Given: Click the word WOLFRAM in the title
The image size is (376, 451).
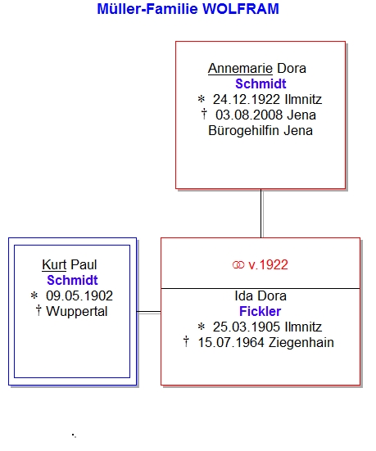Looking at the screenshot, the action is pyautogui.click(x=241, y=9).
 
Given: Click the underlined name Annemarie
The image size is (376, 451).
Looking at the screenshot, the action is pyautogui.click(x=240, y=69).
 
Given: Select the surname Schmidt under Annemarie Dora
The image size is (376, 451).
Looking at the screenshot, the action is pyautogui.click(x=260, y=84).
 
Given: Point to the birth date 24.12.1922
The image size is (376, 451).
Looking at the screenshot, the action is pyautogui.click(x=247, y=100).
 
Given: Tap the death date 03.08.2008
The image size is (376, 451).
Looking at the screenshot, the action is pyautogui.click(x=249, y=115).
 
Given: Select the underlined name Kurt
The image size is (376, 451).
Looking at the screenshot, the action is pyautogui.click(x=54, y=264).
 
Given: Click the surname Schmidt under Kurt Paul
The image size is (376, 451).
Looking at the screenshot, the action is pyautogui.click(x=73, y=280).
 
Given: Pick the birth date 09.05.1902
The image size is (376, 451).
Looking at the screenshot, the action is pyautogui.click(x=79, y=295).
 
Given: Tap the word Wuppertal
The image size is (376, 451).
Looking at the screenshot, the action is pyautogui.click(x=77, y=312).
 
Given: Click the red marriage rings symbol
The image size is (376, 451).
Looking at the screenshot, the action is pyautogui.click(x=238, y=265).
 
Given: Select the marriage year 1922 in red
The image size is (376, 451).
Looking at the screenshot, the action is pyautogui.click(x=274, y=264).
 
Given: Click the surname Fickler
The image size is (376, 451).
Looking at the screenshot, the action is pyautogui.click(x=260, y=311).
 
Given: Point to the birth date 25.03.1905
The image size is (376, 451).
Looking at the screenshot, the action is pyautogui.click(x=247, y=327).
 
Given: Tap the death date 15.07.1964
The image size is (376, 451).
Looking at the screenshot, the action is pyautogui.click(x=231, y=343).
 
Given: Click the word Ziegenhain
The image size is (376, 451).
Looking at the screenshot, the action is pyautogui.click(x=301, y=343).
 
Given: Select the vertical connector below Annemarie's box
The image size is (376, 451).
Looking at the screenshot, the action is pyautogui.click(x=261, y=213).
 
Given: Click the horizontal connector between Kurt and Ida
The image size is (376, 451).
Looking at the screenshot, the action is pyautogui.click(x=148, y=312).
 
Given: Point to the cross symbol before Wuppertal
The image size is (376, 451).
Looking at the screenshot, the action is pyautogui.click(x=39, y=311).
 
